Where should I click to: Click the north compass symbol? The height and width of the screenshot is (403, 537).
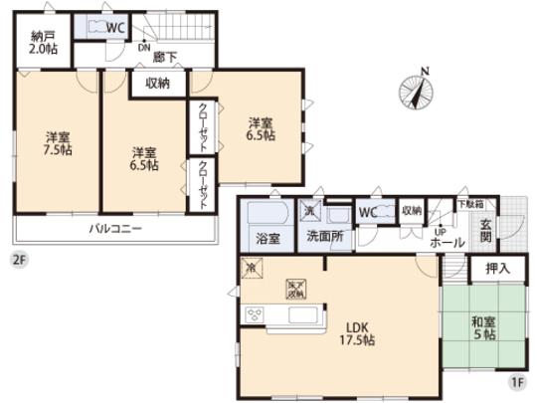[x=418, y=93]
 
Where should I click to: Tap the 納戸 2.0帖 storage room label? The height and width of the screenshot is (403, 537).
[x=45, y=43]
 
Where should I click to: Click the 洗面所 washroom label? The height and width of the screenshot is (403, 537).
[x=324, y=239]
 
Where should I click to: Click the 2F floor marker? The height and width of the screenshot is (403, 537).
[x=18, y=261]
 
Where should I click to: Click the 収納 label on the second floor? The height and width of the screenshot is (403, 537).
[x=157, y=85]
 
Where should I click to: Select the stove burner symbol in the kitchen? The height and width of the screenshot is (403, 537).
[x=255, y=315]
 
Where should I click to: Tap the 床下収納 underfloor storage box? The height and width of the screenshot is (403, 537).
[x=296, y=288]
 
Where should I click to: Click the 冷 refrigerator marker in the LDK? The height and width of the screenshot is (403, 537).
[x=252, y=268]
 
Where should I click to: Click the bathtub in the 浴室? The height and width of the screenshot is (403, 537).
[x=266, y=214]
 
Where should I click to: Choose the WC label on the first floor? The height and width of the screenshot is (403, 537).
[x=367, y=211]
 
